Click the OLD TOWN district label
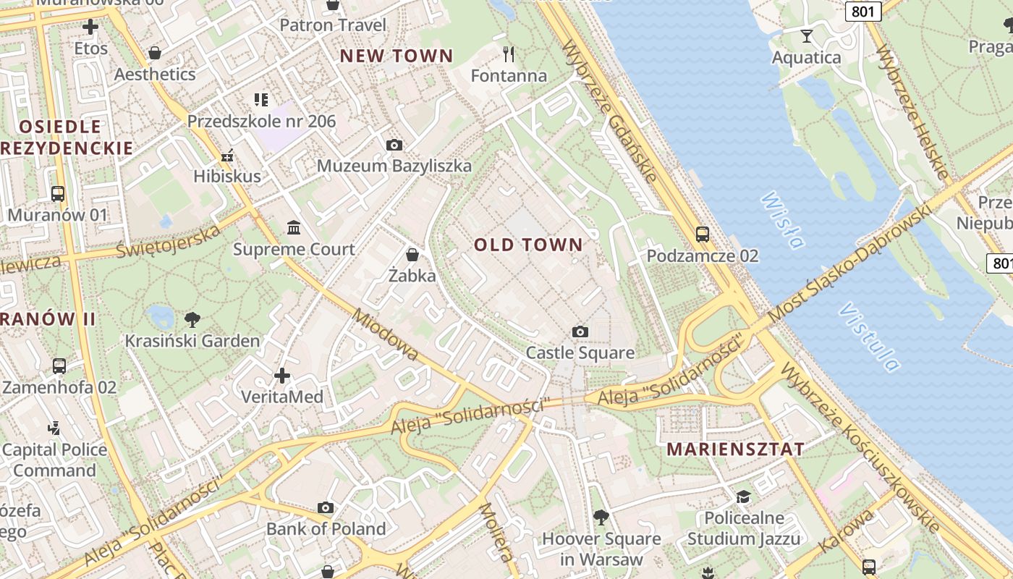pos(528,245)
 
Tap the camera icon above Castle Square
pos(580,331)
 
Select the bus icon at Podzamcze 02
pos(702,234)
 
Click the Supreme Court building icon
pos(294,228)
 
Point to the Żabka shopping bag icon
pos(412,255)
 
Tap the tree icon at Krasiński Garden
pos(192,319)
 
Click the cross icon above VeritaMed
pos(282,376)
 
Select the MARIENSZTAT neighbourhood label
pos(735,449)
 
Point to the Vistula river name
pos(869,337)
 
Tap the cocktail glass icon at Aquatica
pos(807,35)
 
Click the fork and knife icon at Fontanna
pos(509,54)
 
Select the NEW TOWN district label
pos(397,56)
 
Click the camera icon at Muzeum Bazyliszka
pos(394,145)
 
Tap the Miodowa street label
pos(386,334)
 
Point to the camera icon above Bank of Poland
pos(326,507)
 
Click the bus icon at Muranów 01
pos(58,194)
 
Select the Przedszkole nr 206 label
pos(262,121)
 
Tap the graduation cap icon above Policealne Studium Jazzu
pos(743,496)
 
